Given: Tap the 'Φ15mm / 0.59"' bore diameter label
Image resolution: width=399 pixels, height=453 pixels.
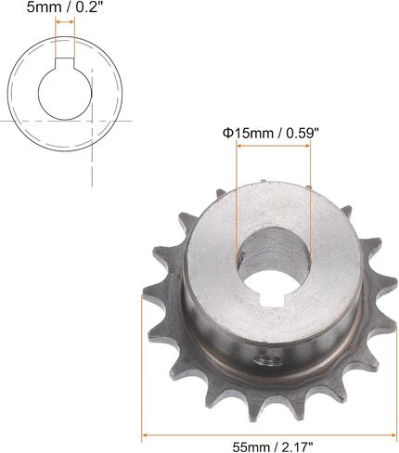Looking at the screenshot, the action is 271,134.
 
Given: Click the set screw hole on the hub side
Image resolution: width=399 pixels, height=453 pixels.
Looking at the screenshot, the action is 267,360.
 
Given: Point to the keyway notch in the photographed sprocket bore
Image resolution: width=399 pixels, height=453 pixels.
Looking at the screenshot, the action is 273,300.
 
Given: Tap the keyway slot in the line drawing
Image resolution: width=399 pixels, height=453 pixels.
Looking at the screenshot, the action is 65,63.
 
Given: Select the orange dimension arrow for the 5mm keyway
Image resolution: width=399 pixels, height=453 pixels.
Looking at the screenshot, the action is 65,21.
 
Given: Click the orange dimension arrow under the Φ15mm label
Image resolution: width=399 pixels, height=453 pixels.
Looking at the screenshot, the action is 273,146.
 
